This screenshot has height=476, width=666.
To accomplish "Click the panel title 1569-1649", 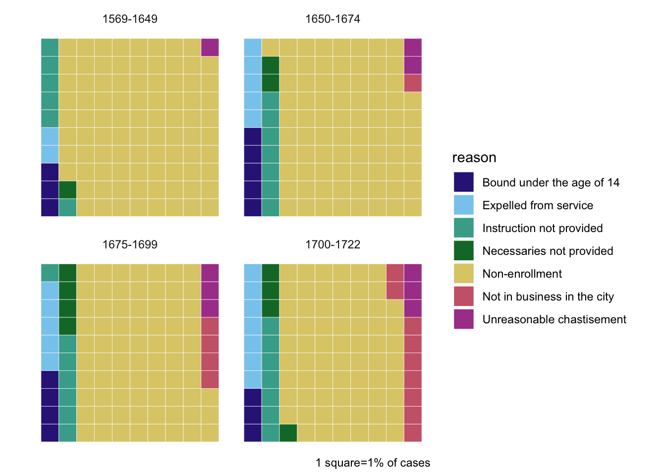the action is tap(130, 19).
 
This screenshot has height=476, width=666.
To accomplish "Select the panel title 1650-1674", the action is tap(333, 19).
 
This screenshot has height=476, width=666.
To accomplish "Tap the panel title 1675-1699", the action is tap(130, 244).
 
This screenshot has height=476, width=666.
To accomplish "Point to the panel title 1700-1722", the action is tap(333, 244).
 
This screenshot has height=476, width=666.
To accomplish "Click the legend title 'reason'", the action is tap(474, 158).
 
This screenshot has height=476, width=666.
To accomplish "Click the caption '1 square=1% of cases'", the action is tap(373, 463).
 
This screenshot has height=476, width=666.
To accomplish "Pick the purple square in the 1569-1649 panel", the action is tap(210, 47).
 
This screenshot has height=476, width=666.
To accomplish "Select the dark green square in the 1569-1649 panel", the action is tap(67, 190).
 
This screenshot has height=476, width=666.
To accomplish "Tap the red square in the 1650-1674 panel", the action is tap(413, 83).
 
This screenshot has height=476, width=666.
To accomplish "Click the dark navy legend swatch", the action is tap(463, 182).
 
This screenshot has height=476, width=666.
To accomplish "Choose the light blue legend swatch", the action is tap(463, 205).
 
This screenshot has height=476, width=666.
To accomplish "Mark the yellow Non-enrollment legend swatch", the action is tap(463, 273).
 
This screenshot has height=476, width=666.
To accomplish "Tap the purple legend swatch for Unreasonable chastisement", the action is tap(463, 319).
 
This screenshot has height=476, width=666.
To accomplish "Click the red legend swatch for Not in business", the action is tap(463, 297).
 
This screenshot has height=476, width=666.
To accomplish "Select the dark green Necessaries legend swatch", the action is tap(463, 250).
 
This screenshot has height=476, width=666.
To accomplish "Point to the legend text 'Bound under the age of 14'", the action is tap(551, 182).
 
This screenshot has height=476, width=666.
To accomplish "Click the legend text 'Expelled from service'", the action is tap(538, 206).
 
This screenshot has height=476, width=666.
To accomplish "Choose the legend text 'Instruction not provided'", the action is tap(543, 228).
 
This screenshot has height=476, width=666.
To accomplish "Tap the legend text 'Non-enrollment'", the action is tap(522, 274).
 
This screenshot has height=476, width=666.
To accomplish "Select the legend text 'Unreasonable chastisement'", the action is tap(554, 319).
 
